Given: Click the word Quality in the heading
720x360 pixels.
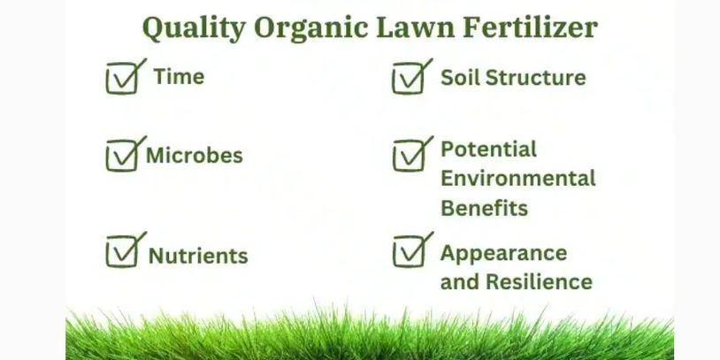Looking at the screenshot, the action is tap(195, 28).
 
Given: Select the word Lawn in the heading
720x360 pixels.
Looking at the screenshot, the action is tap(415, 27).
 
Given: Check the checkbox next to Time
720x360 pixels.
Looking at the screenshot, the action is tap(122, 79).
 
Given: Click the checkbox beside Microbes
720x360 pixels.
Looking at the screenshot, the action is tap(122, 156).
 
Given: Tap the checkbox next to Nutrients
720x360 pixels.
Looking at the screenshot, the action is tap(122, 251).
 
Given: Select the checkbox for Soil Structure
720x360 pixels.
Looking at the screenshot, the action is tap(409, 79).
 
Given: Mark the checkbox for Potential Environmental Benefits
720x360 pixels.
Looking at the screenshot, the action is tap(409, 156).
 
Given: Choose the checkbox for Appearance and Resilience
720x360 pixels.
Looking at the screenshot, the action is tap(409, 251).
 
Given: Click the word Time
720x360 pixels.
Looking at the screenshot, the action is tap(179, 76).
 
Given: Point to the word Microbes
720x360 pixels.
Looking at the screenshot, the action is tap(195, 155).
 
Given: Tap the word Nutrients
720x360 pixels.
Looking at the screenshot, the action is tap(198, 256).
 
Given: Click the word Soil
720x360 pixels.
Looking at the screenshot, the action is tap(461, 78).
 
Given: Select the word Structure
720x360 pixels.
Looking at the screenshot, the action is tap(536, 78).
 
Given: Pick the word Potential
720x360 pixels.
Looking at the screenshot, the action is tap(488, 149).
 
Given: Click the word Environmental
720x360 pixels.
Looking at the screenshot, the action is tap(518, 178).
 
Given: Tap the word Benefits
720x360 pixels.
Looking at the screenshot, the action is tap(485, 208).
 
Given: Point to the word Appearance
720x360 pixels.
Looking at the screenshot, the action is tap(503, 254).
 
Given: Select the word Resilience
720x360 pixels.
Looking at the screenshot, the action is tap(539, 281).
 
